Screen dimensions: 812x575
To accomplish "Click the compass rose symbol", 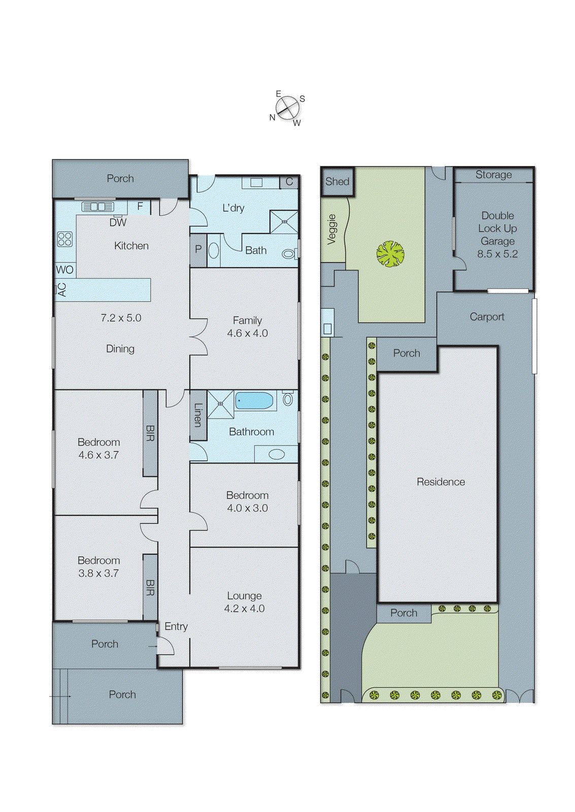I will click(287, 108).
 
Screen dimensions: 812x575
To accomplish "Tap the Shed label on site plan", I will click(337, 182).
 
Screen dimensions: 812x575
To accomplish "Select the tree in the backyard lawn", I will click(390, 254).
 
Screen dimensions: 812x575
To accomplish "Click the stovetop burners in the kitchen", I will click(64, 239).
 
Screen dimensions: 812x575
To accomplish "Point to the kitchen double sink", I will click(98, 207).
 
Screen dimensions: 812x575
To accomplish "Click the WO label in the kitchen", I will click(64, 269).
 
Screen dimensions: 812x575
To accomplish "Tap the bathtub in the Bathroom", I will click(254, 401).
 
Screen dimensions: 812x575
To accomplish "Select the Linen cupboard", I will click(198, 415).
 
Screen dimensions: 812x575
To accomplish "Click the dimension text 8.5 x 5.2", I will click(497, 254).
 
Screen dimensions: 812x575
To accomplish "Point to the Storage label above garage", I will click(493, 175).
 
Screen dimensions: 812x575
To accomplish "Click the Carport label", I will click(487, 317).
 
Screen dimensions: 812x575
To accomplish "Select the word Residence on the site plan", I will click(441, 482).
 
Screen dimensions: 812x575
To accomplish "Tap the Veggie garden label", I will click(332, 229).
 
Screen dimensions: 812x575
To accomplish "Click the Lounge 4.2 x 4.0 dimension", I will click(244, 608).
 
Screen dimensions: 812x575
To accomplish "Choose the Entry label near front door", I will click(176, 627).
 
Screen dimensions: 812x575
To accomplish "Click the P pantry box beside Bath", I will click(198, 249).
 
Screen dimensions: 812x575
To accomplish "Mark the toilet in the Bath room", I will click(288, 253).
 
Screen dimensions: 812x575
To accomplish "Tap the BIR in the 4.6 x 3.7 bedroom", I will click(150, 433).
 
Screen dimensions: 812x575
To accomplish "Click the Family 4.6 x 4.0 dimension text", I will click(247, 333).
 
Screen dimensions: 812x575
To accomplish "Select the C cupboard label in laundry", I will click(289, 182).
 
